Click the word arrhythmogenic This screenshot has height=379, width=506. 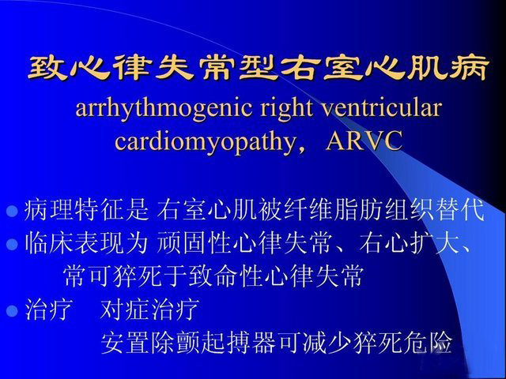click(164, 109)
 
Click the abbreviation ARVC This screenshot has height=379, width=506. click(364, 141)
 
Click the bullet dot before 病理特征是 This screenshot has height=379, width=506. click(12, 212)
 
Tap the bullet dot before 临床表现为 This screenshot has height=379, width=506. click(12, 244)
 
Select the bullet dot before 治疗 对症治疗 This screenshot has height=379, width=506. click(12, 310)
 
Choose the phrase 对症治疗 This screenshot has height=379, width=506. click(149, 310)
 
